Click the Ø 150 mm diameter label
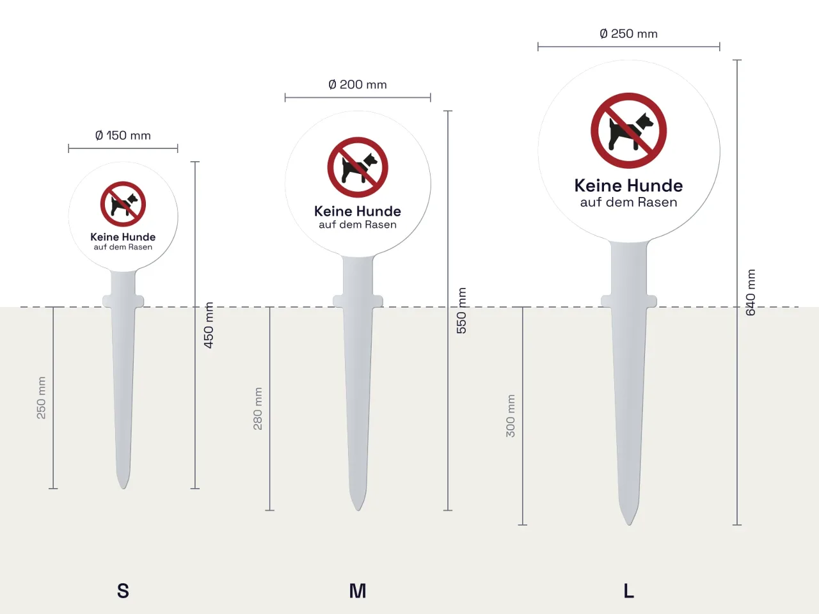123,136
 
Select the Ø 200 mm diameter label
358,84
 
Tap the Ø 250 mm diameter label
628,33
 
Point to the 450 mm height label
209,325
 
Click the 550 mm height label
461,311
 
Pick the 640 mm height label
751,293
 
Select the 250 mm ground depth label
42,398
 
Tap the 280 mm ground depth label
258,409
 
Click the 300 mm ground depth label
511,416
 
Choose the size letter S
123,591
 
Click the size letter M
358,591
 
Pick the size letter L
629,591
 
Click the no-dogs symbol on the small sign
123,204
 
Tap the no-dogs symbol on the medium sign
358,168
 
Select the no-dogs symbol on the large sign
629,130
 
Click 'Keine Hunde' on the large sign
628,185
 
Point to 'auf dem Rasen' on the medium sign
358,224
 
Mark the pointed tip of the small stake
123,489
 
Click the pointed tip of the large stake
629,525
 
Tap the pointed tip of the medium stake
358,510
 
